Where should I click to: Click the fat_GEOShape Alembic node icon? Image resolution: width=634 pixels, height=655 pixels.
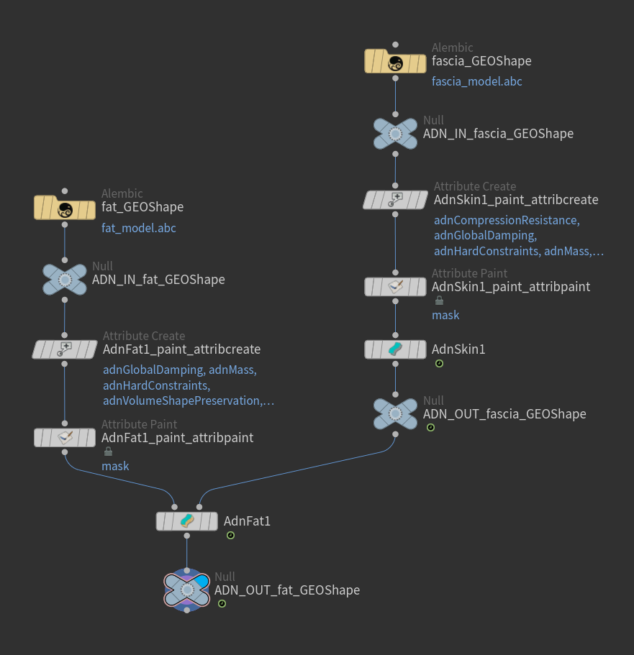65,209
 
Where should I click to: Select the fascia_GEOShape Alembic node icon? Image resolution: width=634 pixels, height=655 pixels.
395,63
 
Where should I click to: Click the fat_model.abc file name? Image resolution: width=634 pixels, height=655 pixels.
139,229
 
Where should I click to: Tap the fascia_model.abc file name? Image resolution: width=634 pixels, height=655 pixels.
477,82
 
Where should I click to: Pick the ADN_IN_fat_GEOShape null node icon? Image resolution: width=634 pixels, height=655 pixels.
65,280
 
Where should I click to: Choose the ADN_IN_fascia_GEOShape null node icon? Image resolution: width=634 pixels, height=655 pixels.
395,134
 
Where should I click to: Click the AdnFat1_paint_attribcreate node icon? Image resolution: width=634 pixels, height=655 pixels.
65,349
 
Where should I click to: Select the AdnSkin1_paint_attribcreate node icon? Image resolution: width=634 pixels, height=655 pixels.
395,200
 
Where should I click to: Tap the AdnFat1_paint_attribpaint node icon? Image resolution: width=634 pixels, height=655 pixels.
65,437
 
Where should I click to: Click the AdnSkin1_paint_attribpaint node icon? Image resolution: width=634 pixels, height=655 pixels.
395,287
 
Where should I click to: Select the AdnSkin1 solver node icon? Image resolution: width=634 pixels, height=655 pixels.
395,349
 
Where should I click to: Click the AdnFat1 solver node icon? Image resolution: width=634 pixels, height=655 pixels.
187,521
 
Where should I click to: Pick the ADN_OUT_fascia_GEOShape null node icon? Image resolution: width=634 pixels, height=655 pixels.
395,414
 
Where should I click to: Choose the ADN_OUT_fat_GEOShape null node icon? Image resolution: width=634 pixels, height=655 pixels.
186,590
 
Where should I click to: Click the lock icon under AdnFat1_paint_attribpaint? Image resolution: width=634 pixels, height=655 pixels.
108,452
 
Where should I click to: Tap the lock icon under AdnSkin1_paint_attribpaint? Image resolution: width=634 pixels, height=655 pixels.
439,301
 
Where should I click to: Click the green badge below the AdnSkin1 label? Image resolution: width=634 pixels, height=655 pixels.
439,364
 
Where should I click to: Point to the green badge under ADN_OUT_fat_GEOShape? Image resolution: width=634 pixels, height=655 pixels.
222,604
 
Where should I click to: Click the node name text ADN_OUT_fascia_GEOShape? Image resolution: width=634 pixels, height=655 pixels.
504,414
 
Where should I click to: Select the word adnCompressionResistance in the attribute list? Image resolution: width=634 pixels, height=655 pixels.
505,220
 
